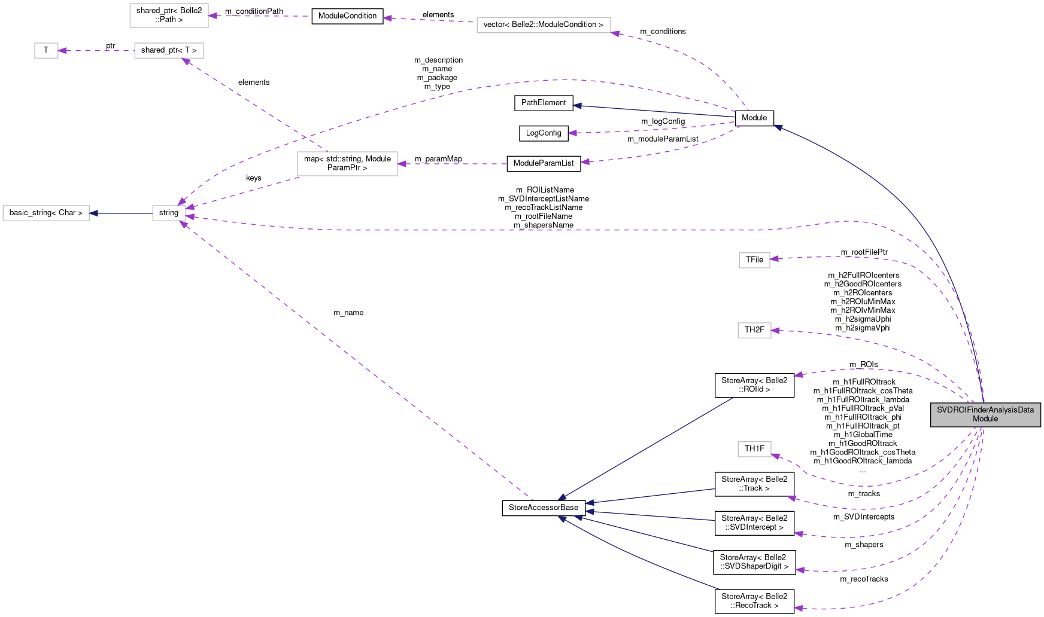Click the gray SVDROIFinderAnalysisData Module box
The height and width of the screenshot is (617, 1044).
985,414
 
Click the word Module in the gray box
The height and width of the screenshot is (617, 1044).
985,419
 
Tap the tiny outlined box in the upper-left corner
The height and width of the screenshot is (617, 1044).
46,51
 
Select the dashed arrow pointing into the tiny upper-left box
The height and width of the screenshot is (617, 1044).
96,51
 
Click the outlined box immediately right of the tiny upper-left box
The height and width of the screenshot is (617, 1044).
169,51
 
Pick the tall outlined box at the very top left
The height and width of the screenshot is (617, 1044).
169,16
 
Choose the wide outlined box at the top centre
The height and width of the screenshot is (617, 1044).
544,25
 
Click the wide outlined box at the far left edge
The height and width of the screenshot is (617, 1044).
46,213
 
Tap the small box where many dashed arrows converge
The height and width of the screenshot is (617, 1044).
169,213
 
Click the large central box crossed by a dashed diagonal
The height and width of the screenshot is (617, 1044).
347,164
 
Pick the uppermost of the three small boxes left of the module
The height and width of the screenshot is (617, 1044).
754,260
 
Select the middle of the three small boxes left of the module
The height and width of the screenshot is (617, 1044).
754,330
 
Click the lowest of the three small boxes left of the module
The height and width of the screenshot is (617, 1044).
754,449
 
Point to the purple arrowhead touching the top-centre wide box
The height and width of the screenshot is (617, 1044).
615,33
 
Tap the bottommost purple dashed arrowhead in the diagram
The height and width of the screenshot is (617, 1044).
797,609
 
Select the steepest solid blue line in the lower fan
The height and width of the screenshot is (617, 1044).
647,448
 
